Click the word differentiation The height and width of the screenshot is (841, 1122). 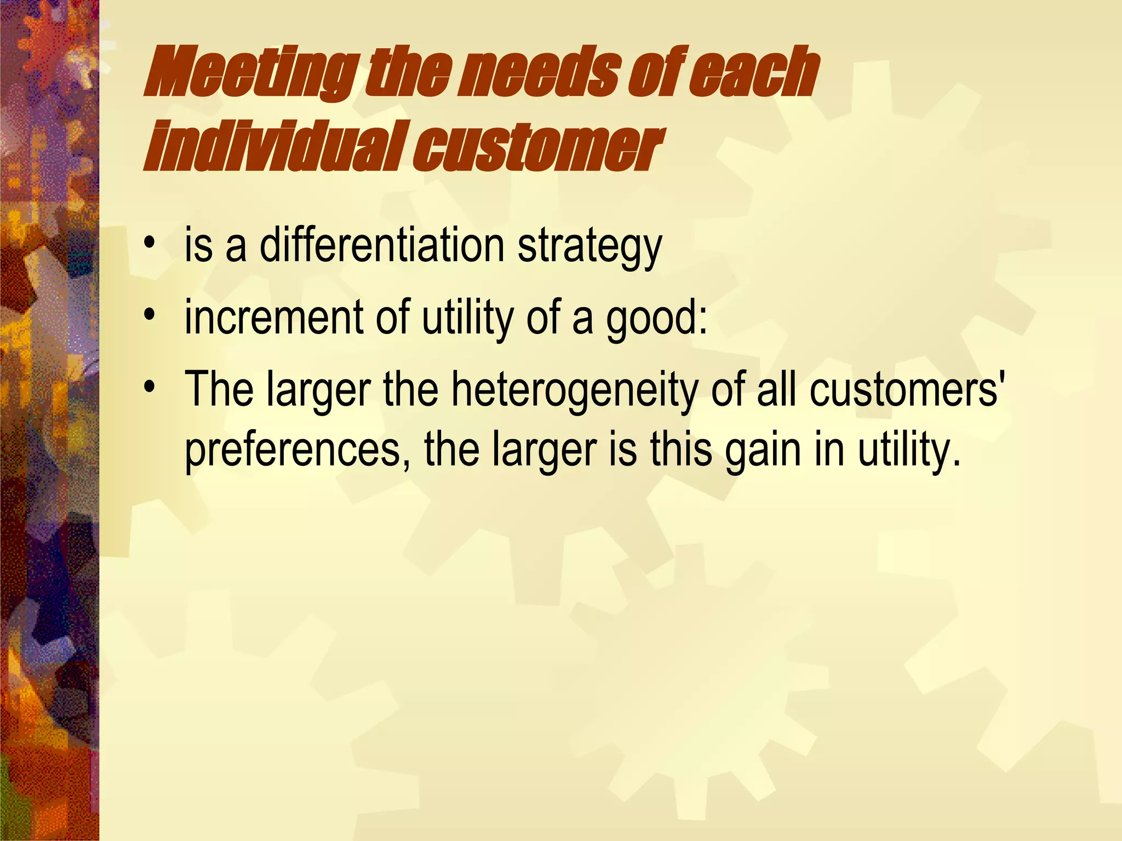click(382, 246)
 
